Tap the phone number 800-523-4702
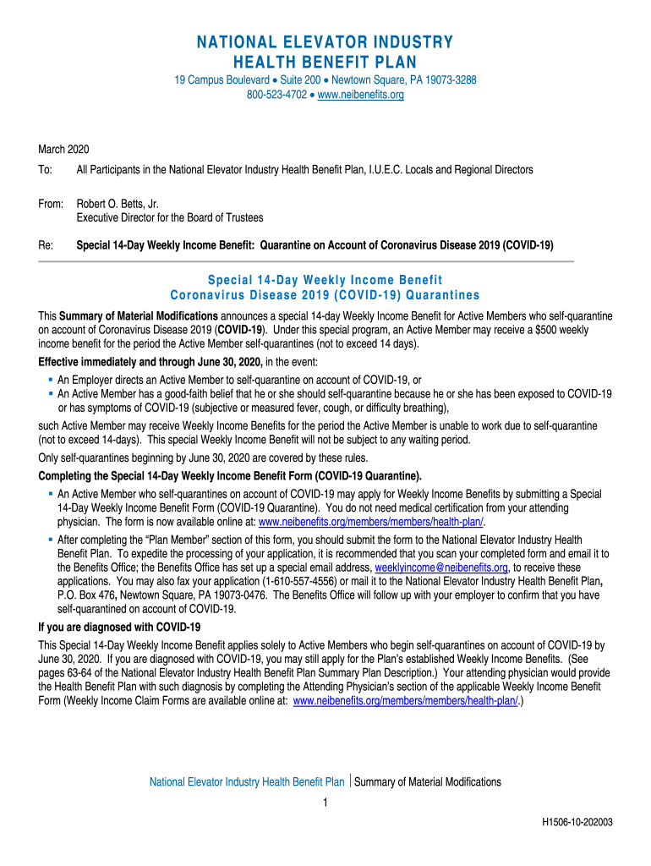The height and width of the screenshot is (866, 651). pos(276,95)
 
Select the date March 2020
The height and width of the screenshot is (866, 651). pos(63,149)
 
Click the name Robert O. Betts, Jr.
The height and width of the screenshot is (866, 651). pos(118,204)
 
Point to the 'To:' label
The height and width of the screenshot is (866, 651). pos(46,170)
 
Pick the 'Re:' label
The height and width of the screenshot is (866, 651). pos(46,245)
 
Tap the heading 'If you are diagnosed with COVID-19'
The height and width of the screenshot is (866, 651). pos(119,628)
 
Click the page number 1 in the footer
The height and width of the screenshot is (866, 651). pos(325,803)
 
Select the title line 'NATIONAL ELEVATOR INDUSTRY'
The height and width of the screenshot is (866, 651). pos(325,43)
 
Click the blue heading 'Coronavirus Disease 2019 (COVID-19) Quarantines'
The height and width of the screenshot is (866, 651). pos(325,295)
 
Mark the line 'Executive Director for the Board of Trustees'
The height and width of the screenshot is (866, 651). pos(170,217)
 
